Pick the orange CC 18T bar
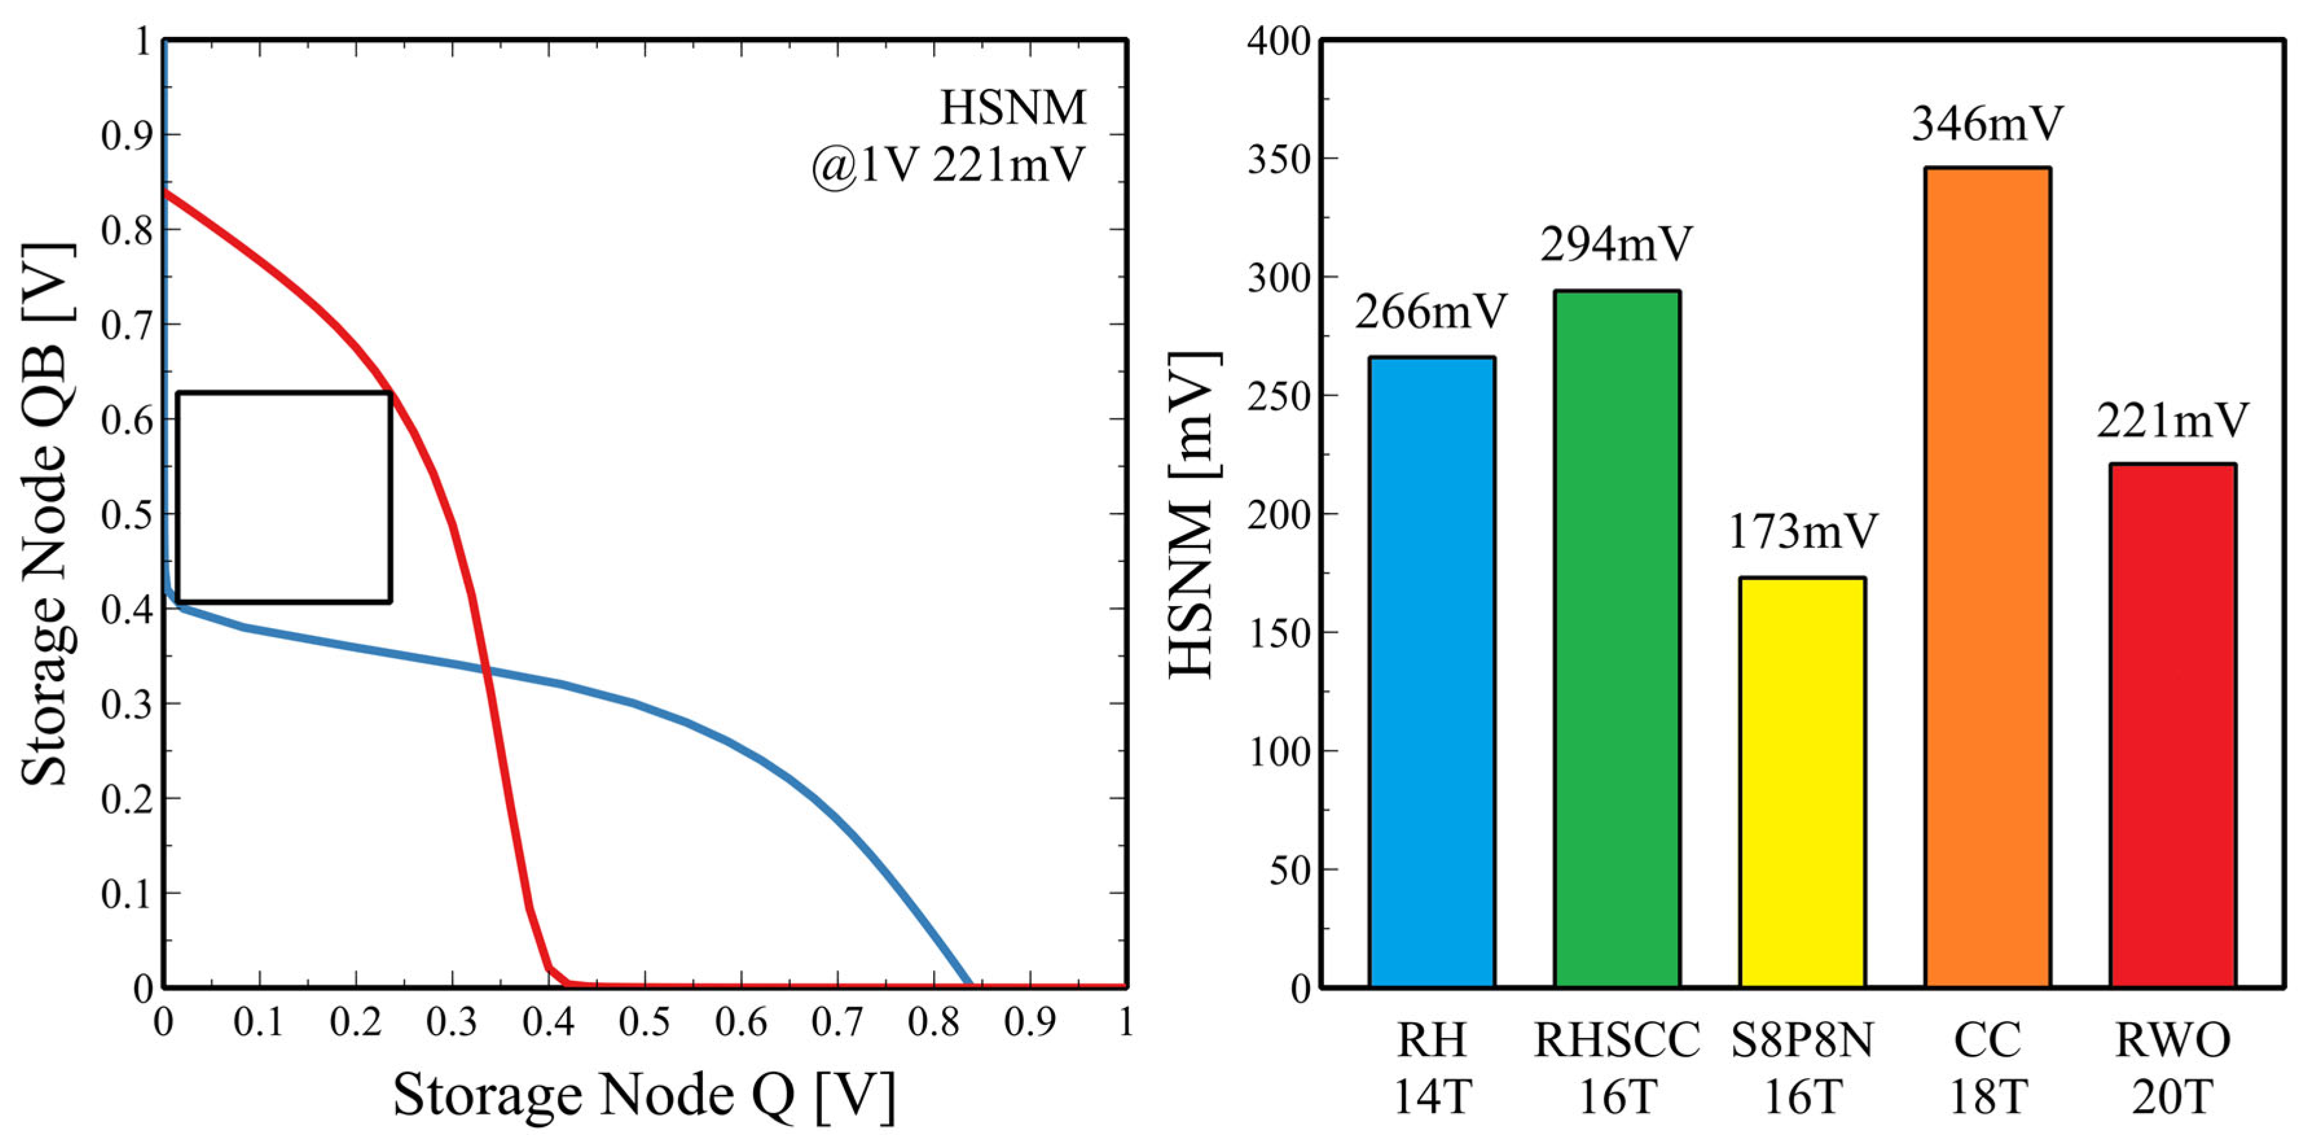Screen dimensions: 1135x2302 pyautogui.click(x=1987, y=576)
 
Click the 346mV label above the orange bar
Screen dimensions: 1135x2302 pyautogui.click(x=1987, y=124)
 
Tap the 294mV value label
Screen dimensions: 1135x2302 pyautogui.click(x=1617, y=244)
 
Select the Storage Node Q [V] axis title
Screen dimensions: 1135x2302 pyautogui.click(x=643, y=1095)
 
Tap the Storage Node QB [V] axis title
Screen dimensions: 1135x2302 pyautogui.click(x=45, y=514)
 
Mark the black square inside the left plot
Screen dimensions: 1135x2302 pyautogui.click(x=284, y=496)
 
